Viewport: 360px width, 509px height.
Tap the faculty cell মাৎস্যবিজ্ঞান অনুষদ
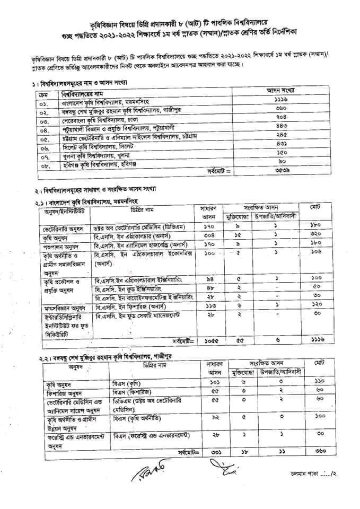64,306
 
